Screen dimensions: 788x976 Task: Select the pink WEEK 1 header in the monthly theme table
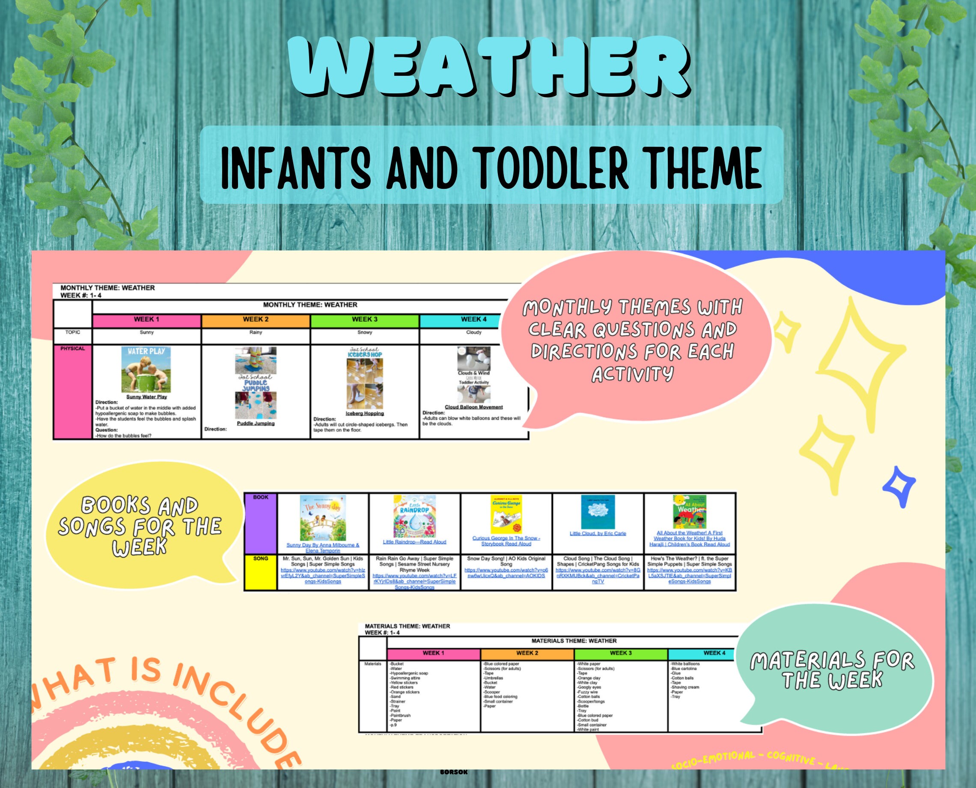146,319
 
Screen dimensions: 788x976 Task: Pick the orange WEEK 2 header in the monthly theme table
256,319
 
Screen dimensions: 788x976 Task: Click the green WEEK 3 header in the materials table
620,653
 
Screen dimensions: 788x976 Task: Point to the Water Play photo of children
146,370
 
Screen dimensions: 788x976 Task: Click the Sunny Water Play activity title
146,397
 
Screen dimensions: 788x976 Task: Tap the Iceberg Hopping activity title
364,414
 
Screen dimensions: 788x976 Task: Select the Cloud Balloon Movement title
473,407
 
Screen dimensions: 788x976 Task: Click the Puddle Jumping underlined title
256,424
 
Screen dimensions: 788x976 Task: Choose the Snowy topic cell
364,333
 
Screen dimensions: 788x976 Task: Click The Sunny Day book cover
323,518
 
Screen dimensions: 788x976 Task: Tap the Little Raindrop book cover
414,516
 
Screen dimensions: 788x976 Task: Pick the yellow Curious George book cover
506,514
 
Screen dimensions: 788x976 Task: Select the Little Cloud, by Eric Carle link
598,533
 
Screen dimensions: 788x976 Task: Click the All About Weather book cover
689,512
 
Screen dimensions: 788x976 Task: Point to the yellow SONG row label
260,571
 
